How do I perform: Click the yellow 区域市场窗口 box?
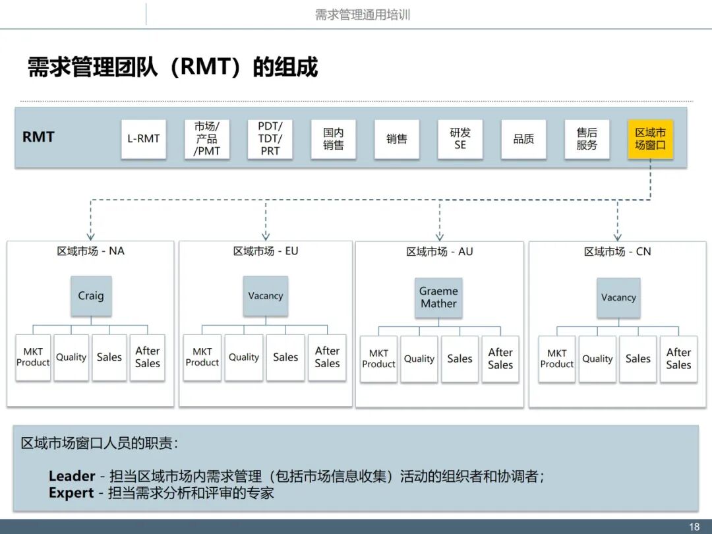[650, 139]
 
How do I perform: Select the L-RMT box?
[144, 139]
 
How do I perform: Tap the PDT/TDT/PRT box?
[270, 139]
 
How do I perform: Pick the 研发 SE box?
[460, 139]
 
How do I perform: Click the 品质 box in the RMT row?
[523, 139]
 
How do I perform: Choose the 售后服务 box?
[587, 139]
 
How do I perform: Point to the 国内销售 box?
[334, 139]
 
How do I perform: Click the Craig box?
[91, 296]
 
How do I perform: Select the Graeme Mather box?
[438, 297]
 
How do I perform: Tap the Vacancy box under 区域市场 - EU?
[266, 296]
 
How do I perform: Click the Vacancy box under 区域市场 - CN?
[618, 297]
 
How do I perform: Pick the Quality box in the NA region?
[71, 357]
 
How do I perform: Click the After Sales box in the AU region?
[500, 359]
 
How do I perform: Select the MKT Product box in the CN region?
[557, 359]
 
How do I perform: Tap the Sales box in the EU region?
[285, 357]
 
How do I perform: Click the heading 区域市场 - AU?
[439, 252]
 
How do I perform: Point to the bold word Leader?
[72, 476]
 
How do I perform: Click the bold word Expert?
[71, 492]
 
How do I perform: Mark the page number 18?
[694, 527]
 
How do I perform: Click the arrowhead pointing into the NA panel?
[91, 237]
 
